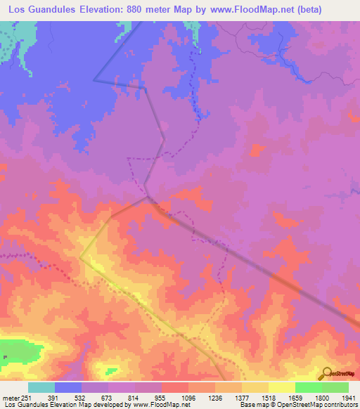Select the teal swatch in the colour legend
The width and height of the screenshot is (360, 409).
coord(41,387)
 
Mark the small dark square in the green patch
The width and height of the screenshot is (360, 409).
coord(5,357)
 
